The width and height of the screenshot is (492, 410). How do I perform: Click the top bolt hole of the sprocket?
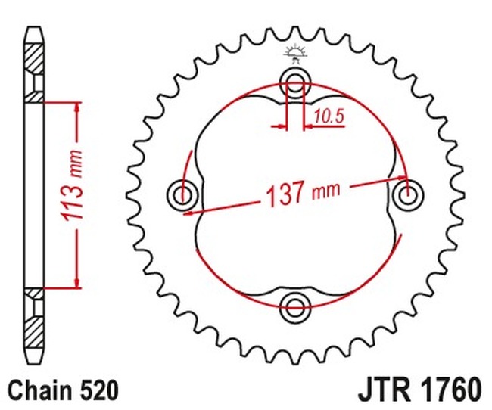pos(295,81)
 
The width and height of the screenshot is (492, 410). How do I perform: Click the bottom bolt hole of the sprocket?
pos(295,306)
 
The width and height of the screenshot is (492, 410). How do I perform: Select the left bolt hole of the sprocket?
pos(182,194)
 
